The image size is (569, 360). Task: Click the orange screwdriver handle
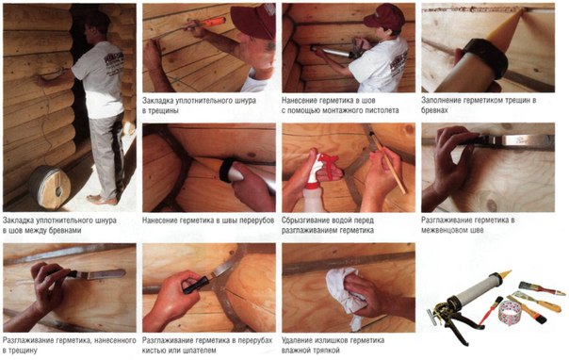pos(213,22)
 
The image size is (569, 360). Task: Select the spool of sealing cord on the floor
pos(50,188)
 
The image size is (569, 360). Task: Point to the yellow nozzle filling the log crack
pos(504,26)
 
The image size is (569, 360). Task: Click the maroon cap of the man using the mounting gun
pos(383,16)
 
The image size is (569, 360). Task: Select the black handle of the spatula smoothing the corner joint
pos(196,286)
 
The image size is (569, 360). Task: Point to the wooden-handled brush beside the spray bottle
pos(387,163)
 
